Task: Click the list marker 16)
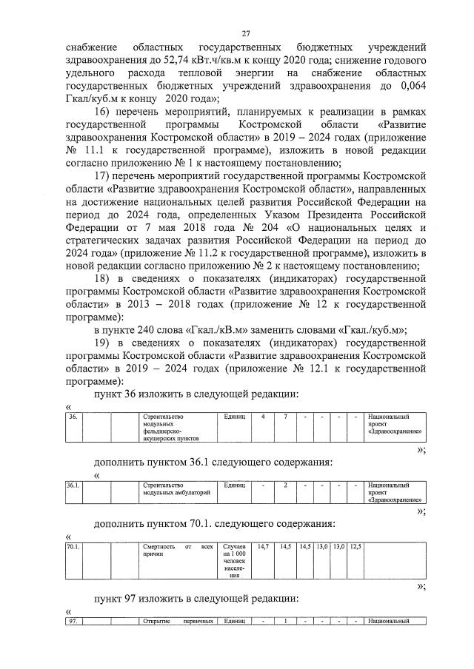click(107, 112)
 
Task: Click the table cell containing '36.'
click(73, 417)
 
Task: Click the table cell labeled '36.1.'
click(73, 485)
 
